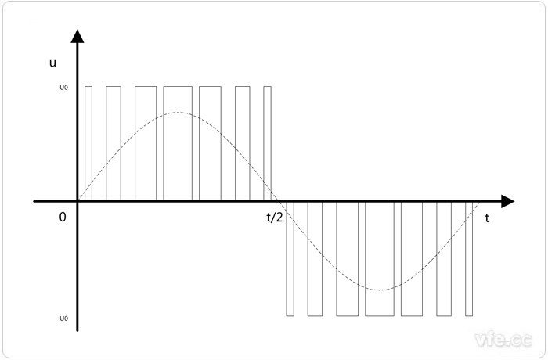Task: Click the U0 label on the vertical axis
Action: point(63,88)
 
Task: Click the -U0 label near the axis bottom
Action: point(63,319)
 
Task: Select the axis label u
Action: point(52,63)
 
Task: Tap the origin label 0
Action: point(63,217)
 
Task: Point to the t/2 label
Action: point(275,218)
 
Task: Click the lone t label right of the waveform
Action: point(487,218)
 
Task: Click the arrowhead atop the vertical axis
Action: point(78,36)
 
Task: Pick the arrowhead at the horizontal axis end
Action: point(508,201)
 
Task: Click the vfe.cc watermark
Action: point(503,340)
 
